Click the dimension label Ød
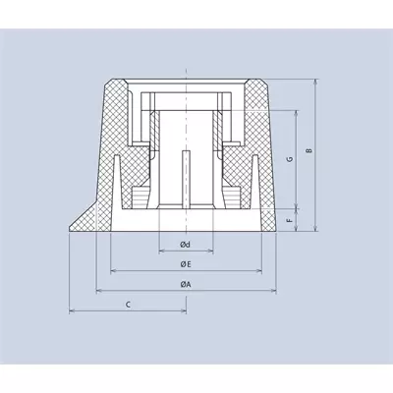pyautogui.click(x=186, y=245)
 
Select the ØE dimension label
pyautogui.click(x=186, y=264)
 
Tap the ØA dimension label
pyautogui.click(x=186, y=284)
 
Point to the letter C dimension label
pyautogui.click(x=129, y=305)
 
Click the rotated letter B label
pyautogui.click(x=309, y=150)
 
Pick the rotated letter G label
pyautogui.click(x=291, y=159)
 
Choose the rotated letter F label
pyautogui.click(x=290, y=220)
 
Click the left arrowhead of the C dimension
pyautogui.click(x=72, y=310)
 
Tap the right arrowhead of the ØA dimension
pyautogui.click(x=273, y=290)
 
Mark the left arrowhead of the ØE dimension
pyautogui.click(x=113, y=271)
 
